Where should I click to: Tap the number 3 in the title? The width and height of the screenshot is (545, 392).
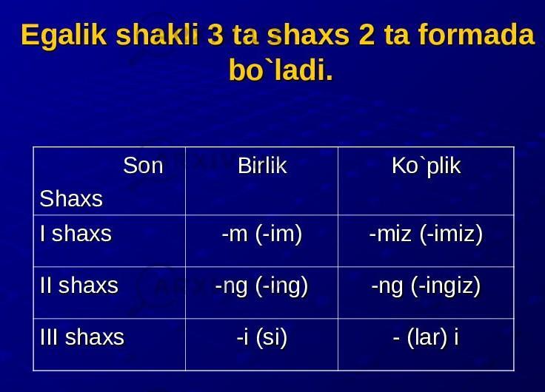pyautogui.click(x=215, y=35)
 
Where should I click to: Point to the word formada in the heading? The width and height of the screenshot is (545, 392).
pyautogui.click(x=476, y=34)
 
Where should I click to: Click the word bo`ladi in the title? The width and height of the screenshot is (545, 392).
pyautogui.click(x=281, y=70)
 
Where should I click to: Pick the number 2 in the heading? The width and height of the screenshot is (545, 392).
pyautogui.click(x=367, y=35)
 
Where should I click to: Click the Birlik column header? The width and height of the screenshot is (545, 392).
pyautogui.click(x=262, y=166)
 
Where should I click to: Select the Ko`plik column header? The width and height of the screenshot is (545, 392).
pyautogui.click(x=426, y=166)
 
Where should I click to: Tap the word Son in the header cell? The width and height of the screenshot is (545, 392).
pyautogui.click(x=143, y=166)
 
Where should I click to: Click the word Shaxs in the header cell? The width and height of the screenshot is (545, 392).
pyautogui.click(x=71, y=199)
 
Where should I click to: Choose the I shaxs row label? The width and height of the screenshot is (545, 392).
pyautogui.click(x=76, y=234)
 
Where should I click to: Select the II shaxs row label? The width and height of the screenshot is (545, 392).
pyautogui.click(x=79, y=285)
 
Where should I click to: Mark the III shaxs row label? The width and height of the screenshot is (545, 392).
pyautogui.click(x=82, y=337)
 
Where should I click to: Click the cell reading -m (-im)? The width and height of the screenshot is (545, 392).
pyautogui.click(x=262, y=234)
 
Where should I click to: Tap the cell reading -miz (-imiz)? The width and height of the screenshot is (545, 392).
pyautogui.click(x=426, y=234)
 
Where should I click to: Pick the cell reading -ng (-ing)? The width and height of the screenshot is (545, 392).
pyautogui.click(x=261, y=286)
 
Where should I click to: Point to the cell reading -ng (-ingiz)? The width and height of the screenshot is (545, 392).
pyautogui.click(x=426, y=286)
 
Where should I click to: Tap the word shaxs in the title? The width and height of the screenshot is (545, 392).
pyautogui.click(x=308, y=35)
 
